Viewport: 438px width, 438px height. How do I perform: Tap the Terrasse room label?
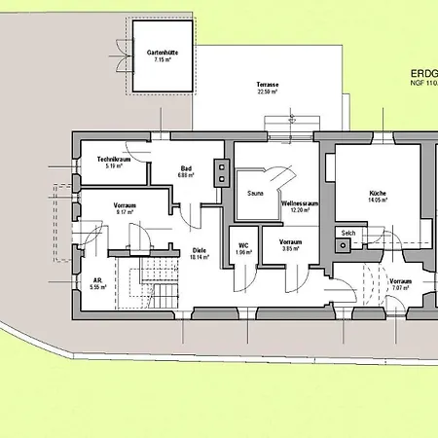(x=268, y=86)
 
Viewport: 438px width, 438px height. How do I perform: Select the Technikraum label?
(x=114, y=159)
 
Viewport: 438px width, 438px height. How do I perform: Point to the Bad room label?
(x=185, y=168)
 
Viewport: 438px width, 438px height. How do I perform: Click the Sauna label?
(x=256, y=194)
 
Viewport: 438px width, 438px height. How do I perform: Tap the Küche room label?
(x=378, y=194)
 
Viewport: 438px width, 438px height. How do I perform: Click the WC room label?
(x=243, y=245)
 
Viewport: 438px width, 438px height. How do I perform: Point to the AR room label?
(x=97, y=280)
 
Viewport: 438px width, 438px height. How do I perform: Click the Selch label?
(x=347, y=233)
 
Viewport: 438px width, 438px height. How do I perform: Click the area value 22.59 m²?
(x=268, y=93)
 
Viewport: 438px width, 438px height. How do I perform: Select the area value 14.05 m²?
(x=378, y=201)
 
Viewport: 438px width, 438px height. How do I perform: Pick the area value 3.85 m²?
(x=290, y=249)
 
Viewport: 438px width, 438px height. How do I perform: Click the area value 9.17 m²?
(x=125, y=213)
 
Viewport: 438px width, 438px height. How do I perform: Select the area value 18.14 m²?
(x=200, y=258)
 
